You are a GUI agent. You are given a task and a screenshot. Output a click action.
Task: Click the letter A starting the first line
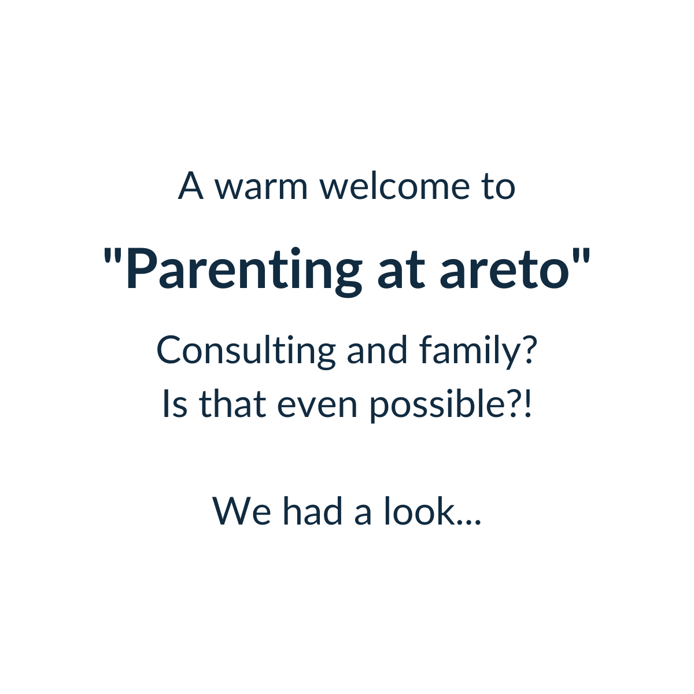191,186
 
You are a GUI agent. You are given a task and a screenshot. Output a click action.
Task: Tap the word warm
261,187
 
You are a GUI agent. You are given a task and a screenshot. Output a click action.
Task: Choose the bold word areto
505,272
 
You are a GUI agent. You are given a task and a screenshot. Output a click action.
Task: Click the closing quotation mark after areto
581,256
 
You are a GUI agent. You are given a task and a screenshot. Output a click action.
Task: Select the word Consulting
246,352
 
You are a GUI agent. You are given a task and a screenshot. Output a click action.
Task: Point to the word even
317,407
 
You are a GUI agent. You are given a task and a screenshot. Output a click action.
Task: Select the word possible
438,405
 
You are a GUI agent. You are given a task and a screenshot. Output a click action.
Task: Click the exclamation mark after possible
527,404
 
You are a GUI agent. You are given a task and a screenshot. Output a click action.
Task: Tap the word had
313,511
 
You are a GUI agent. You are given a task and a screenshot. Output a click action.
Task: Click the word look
419,511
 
